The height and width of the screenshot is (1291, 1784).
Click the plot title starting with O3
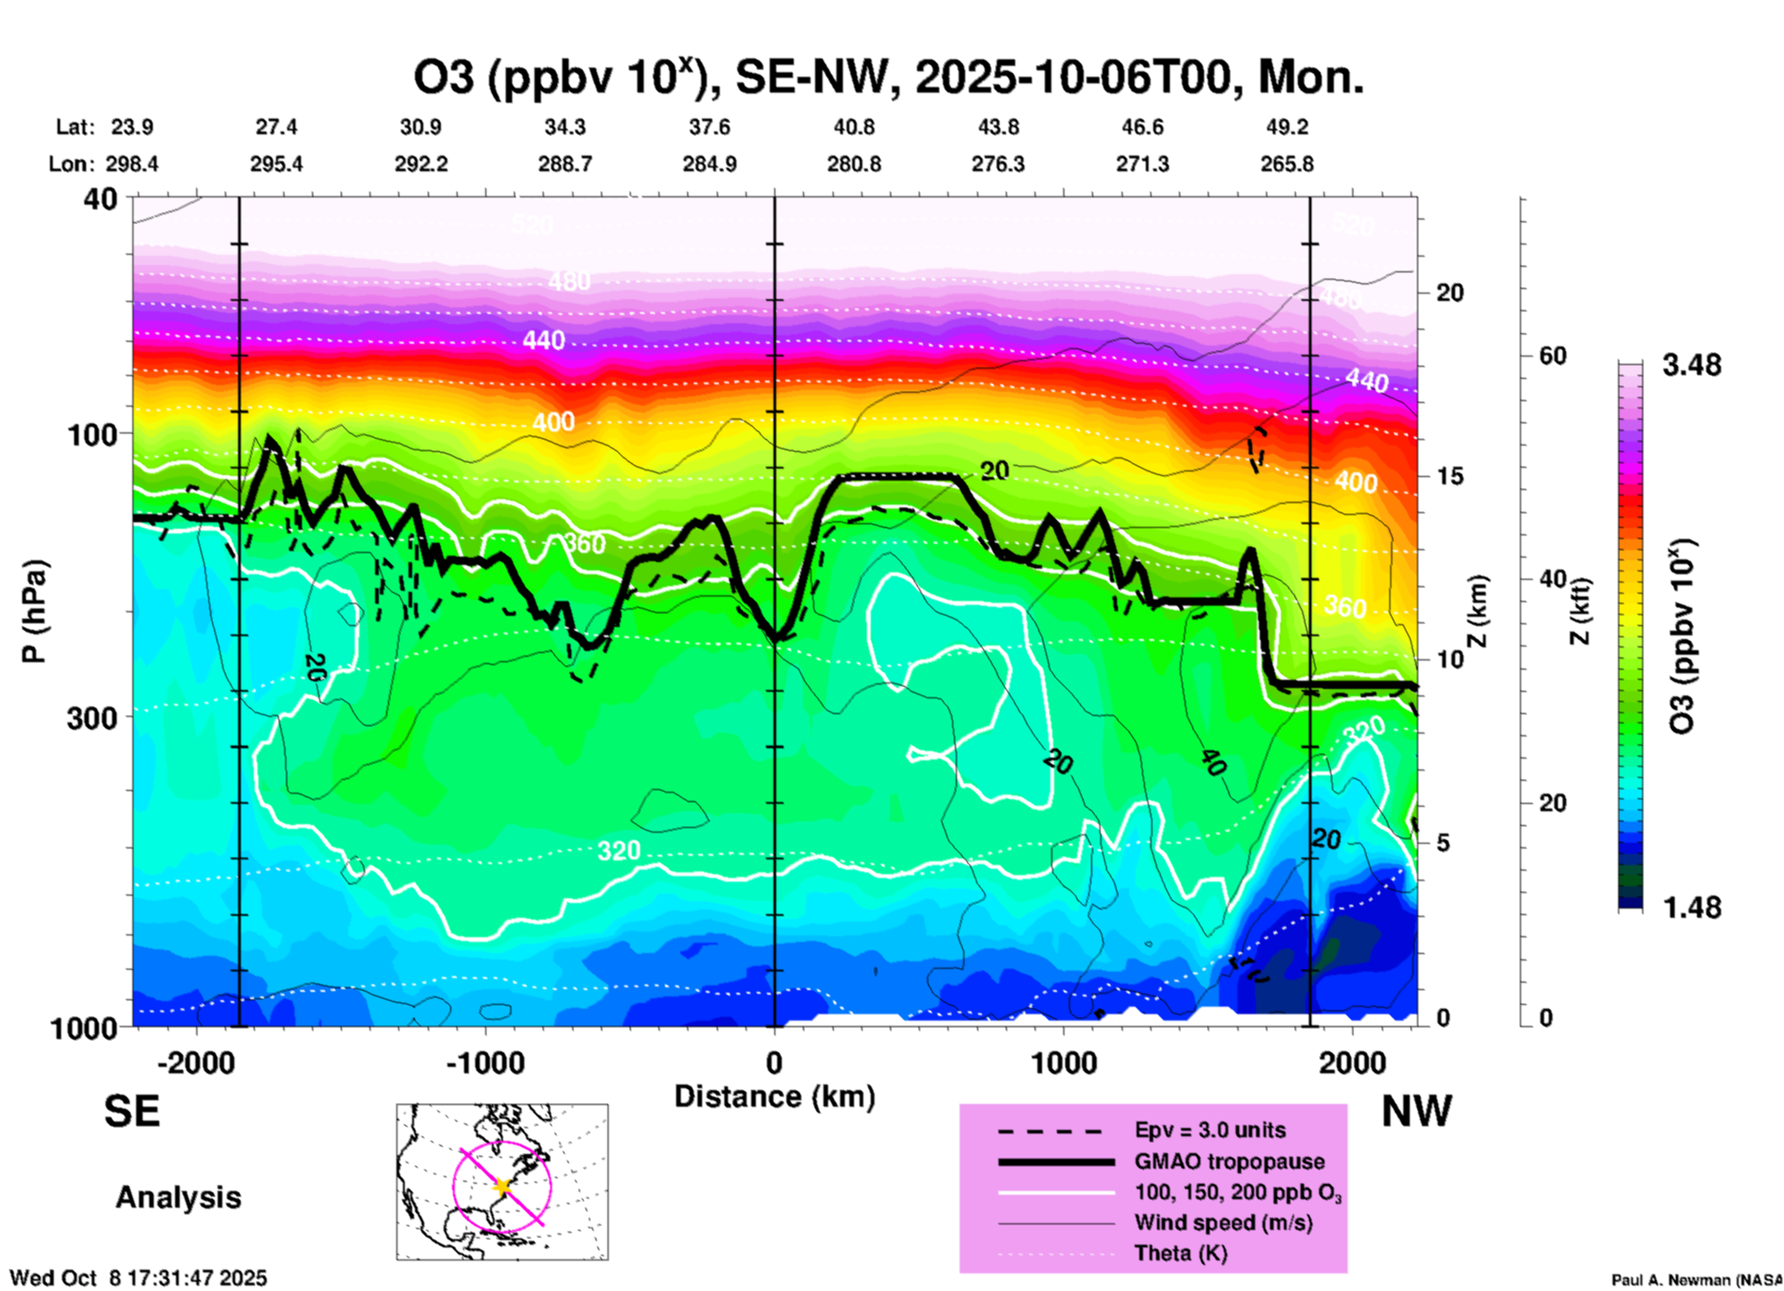[x=887, y=78]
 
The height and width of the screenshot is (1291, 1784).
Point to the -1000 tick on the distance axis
[x=485, y=1063]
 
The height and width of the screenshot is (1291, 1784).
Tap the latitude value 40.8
[x=853, y=128]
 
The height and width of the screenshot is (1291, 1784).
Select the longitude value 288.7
[x=565, y=165]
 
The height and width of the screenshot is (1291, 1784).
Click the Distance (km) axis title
[x=774, y=1097]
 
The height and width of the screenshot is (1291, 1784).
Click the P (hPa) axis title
[x=34, y=611]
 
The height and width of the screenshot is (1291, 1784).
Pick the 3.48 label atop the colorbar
[x=1691, y=366]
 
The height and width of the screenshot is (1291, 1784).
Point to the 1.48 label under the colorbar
[x=1691, y=908]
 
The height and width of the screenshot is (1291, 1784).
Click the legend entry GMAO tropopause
[x=1229, y=1161]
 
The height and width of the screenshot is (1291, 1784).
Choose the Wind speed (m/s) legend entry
[x=1223, y=1222]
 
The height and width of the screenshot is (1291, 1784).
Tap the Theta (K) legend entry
[x=1180, y=1254]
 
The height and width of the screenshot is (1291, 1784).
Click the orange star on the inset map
[x=502, y=1186]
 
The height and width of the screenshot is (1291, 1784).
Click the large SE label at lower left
[x=132, y=1111]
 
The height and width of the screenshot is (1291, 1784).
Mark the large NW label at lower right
[x=1416, y=1111]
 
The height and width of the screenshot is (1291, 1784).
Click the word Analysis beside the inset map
[x=178, y=1197]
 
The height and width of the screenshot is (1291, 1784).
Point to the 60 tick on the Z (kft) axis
[x=1552, y=357]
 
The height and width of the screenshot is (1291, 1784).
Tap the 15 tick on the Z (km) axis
[x=1450, y=476]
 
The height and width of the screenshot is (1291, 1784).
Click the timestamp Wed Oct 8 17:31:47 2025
[x=138, y=1278]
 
